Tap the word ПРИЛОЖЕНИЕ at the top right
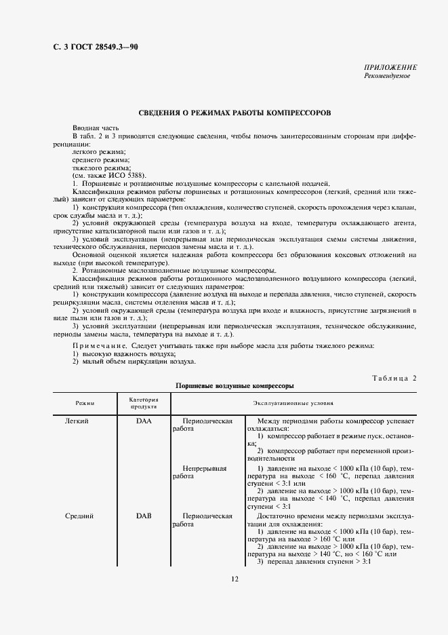click(390, 68)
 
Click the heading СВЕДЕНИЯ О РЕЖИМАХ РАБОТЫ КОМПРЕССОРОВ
click(235, 113)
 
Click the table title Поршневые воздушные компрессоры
click(235, 385)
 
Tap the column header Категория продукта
click(144, 403)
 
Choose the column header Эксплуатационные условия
click(293, 403)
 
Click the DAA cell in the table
click(144, 421)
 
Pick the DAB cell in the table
click(144, 516)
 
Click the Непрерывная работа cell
click(204, 472)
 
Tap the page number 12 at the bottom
click(235, 579)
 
